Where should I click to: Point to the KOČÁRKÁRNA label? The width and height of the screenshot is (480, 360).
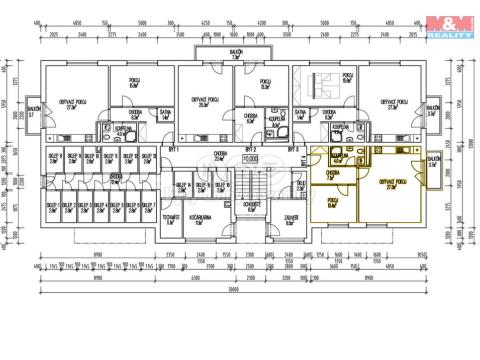tap(205, 219)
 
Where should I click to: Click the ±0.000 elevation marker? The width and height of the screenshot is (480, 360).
tap(250, 158)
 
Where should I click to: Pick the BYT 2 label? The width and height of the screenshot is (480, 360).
tap(250, 148)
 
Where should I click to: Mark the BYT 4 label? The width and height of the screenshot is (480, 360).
tap(304, 163)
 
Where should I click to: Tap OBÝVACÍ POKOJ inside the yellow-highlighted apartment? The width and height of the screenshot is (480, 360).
tap(393, 182)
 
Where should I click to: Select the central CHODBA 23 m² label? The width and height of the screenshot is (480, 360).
tap(219, 156)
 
